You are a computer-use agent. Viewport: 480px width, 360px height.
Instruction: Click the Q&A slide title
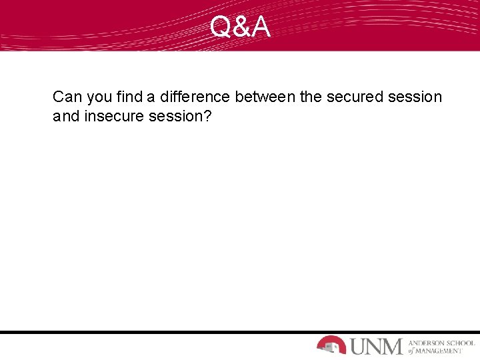pos(240,27)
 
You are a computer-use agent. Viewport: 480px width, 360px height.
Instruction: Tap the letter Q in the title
pos(221,27)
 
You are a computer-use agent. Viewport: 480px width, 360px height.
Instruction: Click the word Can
pos(67,97)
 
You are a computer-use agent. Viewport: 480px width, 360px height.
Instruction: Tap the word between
pos(265,97)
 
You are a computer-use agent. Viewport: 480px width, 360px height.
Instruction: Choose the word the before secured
pos(311,97)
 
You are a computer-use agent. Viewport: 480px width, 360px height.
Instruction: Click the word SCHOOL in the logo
pos(461,341)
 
